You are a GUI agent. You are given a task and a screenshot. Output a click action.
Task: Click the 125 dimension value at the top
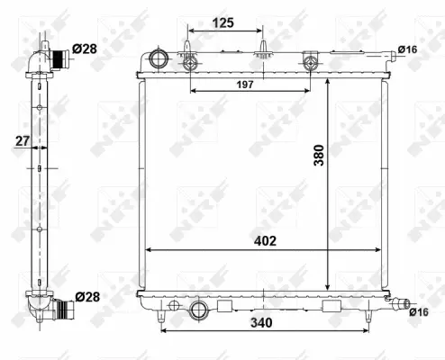click(x=224, y=22)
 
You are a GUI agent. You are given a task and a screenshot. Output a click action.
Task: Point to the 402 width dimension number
click(x=264, y=240)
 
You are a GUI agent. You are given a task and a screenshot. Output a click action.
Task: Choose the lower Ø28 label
click(x=86, y=296)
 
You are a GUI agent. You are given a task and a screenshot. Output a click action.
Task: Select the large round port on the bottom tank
click(x=198, y=311)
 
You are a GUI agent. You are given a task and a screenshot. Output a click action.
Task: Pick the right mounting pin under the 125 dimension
click(x=262, y=49)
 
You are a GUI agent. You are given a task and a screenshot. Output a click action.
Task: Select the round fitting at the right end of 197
click(x=311, y=62)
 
